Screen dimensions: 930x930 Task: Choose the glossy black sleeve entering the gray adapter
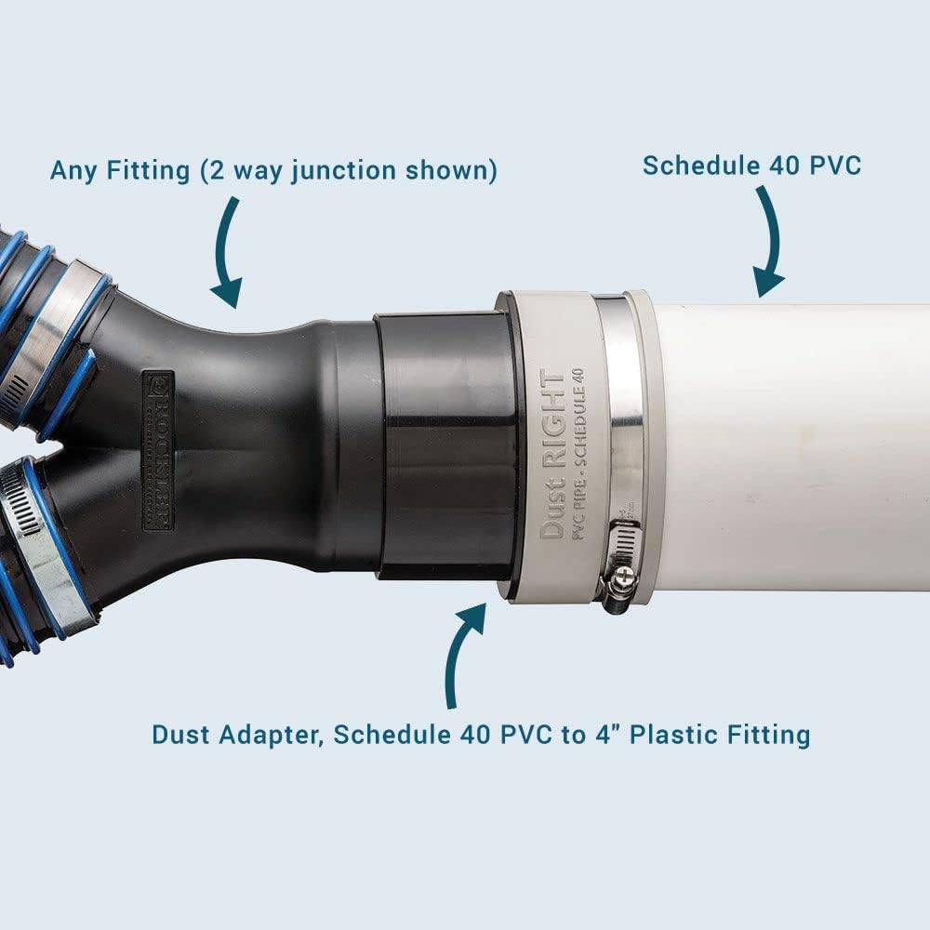(x=446, y=446)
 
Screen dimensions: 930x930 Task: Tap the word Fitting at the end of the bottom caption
(x=767, y=735)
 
